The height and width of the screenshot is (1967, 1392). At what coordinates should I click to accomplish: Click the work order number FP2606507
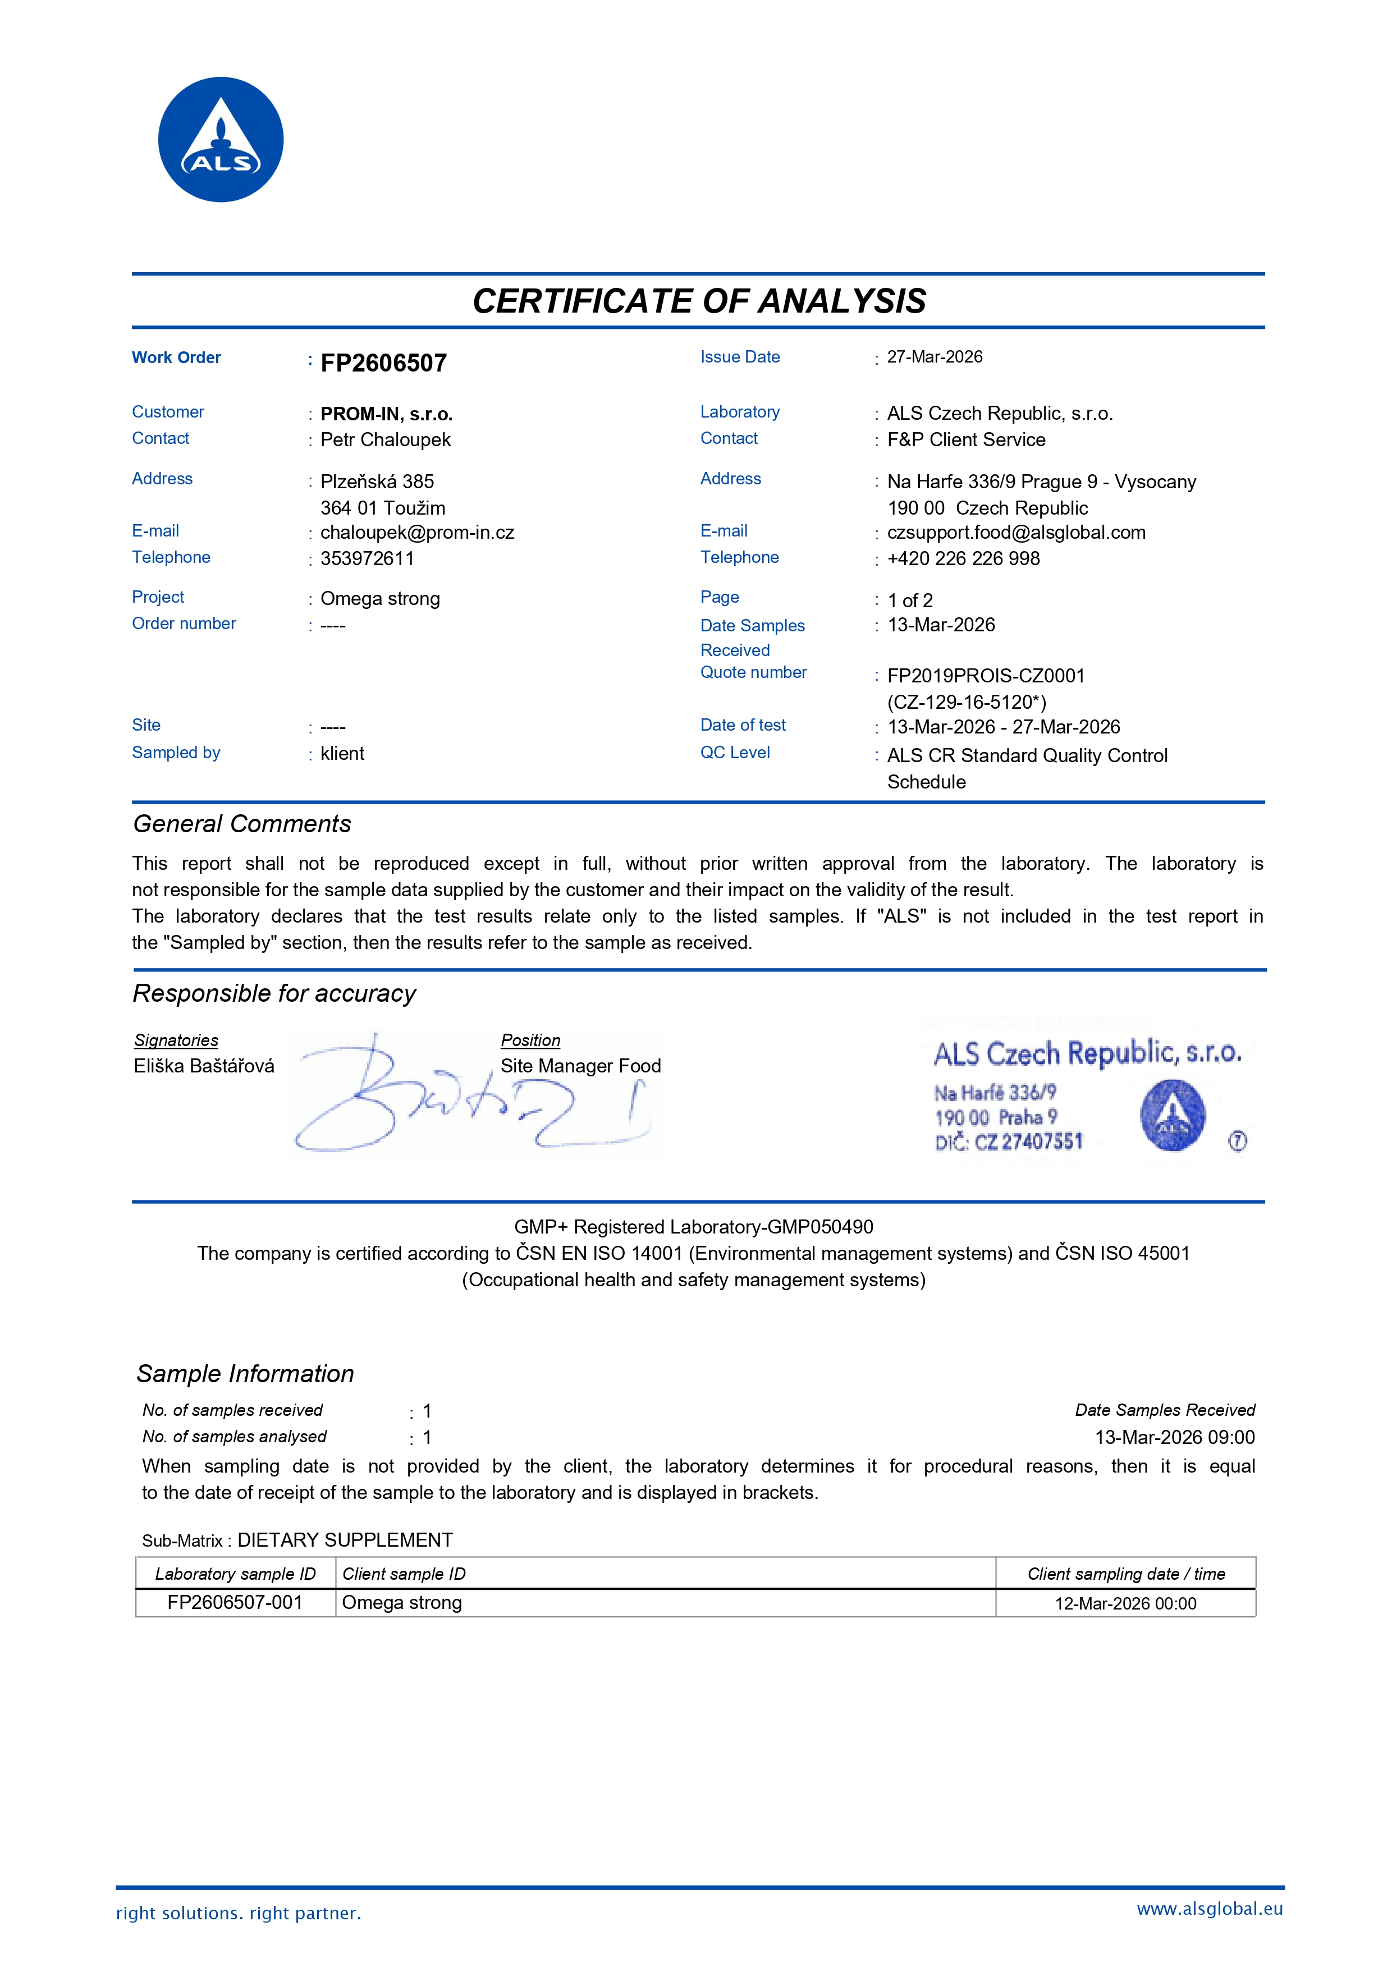click(383, 364)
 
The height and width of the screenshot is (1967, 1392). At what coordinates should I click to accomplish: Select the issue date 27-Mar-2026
click(935, 357)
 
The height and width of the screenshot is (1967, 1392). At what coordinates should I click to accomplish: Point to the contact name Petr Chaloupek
click(385, 439)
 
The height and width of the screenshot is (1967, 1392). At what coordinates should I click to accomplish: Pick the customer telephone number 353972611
click(367, 559)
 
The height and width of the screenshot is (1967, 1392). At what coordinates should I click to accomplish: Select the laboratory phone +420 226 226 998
click(963, 559)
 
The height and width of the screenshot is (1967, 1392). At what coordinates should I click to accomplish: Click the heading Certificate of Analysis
click(699, 301)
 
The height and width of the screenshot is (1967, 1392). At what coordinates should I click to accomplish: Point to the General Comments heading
click(242, 824)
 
